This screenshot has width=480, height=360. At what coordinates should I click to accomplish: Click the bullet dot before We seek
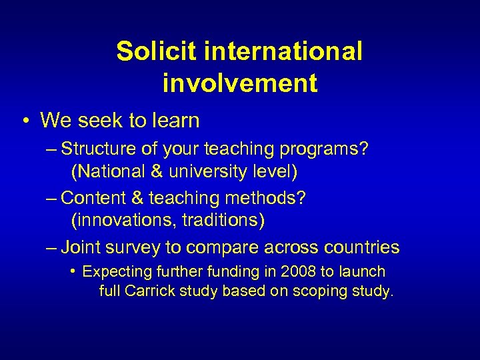pyautogui.click(x=24, y=121)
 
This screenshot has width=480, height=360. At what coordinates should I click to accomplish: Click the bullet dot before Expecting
pyautogui.click(x=73, y=272)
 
